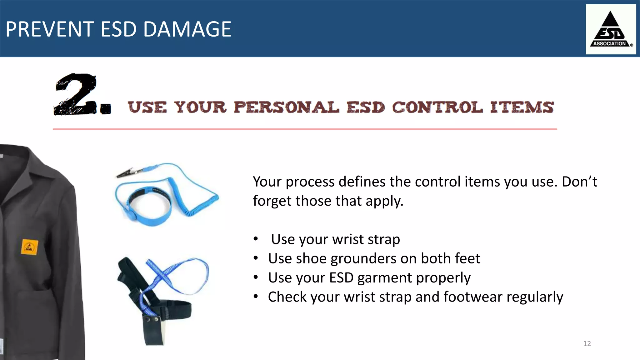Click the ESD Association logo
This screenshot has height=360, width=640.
pyautogui.click(x=610, y=29)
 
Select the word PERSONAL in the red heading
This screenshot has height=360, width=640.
pyautogui.click(x=286, y=107)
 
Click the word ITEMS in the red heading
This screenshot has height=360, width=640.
pyautogui.click(x=522, y=107)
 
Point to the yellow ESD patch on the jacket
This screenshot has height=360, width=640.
pyautogui.click(x=30, y=247)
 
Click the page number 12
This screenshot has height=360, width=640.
pyautogui.click(x=587, y=343)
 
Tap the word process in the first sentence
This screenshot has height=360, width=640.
pyautogui.click(x=310, y=182)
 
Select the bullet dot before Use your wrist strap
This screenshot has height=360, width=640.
pyautogui.click(x=256, y=239)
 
